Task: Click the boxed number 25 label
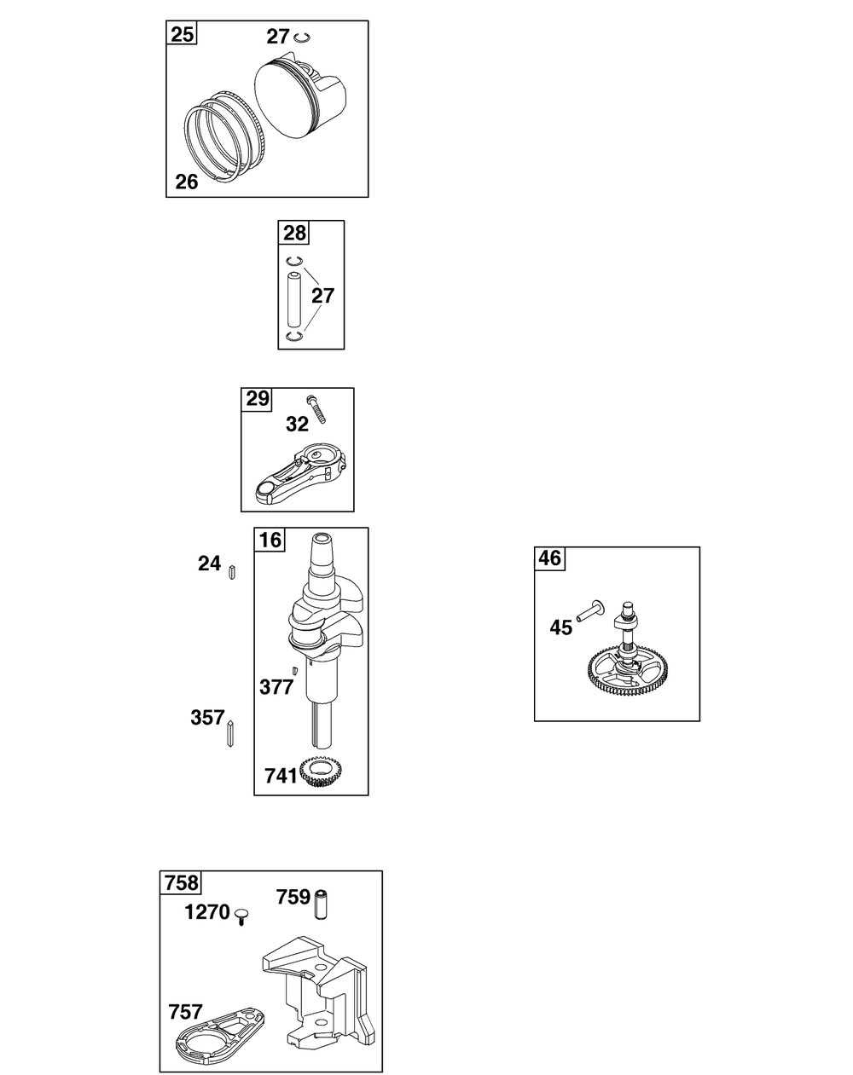tap(182, 33)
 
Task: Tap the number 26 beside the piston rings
tap(187, 182)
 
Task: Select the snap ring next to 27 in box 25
tap(302, 38)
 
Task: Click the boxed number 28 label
tap(294, 233)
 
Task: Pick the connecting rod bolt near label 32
tap(316, 409)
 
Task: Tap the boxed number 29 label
tap(257, 400)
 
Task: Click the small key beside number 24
tap(232, 573)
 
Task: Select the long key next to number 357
tap(230, 734)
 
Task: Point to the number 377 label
tap(276, 688)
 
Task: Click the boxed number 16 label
tap(270, 540)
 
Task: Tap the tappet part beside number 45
tap(590, 611)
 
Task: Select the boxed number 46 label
tap(550, 558)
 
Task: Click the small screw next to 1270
tap(242, 916)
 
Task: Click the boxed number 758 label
tap(181, 883)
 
